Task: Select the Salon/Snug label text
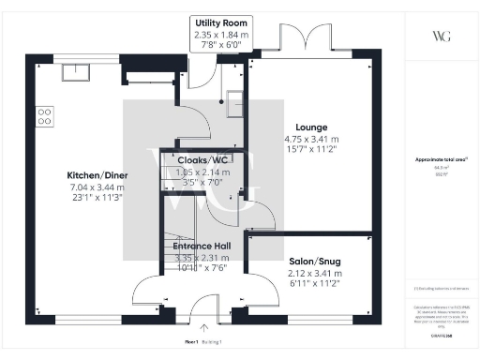[288, 260]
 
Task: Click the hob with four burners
[44, 116]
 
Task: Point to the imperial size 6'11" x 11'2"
[288, 284]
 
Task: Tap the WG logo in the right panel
[441, 36]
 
